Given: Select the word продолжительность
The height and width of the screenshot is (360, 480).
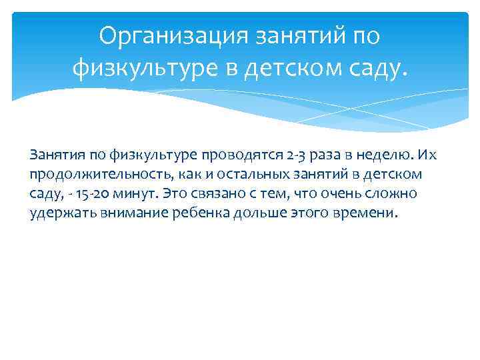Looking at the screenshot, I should pyautogui.click(x=92, y=175).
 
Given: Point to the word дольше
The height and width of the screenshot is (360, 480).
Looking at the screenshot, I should pyautogui.click(x=257, y=214).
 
